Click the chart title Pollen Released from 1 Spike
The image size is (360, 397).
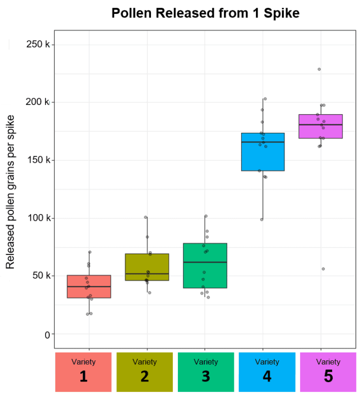point(205,13)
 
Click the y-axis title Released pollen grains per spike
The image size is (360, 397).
point(10,191)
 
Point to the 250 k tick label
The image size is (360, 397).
point(38,44)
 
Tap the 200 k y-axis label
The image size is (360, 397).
point(38,102)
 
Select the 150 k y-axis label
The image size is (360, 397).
point(38,160)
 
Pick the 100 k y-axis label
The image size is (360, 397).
point(38,218)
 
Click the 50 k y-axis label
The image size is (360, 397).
point(40,276)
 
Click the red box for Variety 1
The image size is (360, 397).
point(89,286)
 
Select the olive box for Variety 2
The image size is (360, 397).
point(147,267)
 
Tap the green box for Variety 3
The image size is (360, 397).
point(205,266)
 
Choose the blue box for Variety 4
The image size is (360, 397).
point(263,152)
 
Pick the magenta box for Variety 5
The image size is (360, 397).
point(321,126)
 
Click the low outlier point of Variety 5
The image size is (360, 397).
point(323,269)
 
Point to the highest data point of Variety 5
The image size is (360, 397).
point(319,69)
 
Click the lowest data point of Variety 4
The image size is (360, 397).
point(262,219)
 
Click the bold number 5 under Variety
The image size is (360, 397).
point(328,376)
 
